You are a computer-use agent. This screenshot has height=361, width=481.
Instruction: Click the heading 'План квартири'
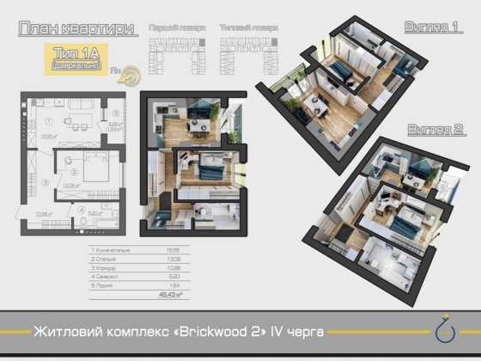78,28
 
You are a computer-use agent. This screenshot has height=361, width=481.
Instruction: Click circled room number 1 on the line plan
51,121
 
